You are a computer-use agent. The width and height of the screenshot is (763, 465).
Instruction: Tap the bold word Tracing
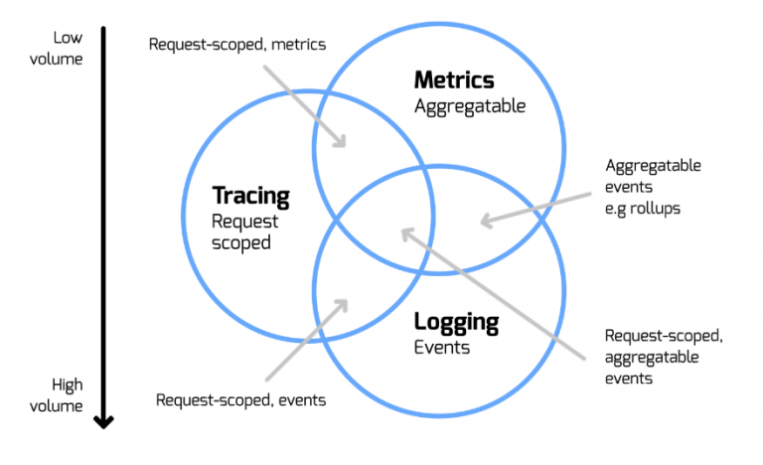250,196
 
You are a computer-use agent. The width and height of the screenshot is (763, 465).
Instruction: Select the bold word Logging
456,323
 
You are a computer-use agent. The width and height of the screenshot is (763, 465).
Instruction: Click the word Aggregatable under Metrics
469,105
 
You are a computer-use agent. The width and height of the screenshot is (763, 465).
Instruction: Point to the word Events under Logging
442,348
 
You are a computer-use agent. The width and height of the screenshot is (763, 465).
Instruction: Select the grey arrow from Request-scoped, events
306,340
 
